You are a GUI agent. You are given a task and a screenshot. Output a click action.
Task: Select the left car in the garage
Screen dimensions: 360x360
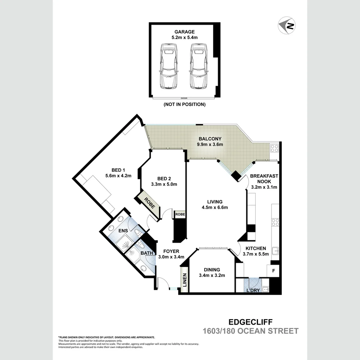(x=168, y=66)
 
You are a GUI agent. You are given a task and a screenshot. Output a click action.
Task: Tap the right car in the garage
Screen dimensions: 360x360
(x=198, y=66)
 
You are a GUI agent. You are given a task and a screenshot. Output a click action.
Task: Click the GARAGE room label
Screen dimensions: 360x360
(x=184, y=32)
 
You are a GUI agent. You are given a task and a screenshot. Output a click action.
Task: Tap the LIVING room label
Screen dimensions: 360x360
(x=214, y=202)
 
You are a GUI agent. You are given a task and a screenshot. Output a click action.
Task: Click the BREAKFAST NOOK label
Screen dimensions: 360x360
(x=264, y=179)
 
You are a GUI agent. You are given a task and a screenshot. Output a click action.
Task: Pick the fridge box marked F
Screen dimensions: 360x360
(x=274, y=271)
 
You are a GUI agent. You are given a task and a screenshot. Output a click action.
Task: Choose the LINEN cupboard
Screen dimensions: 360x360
(x=184, y=280)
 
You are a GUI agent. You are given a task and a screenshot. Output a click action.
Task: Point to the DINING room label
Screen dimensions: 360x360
(x=212, y=270)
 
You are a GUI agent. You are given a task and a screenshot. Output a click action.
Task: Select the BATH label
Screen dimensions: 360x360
(x=146, y=253)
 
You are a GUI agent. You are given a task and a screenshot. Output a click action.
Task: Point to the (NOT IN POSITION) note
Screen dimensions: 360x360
(x=184, y=104)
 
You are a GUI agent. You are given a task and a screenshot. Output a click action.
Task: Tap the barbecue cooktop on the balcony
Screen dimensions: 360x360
(x=274, y=148)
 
